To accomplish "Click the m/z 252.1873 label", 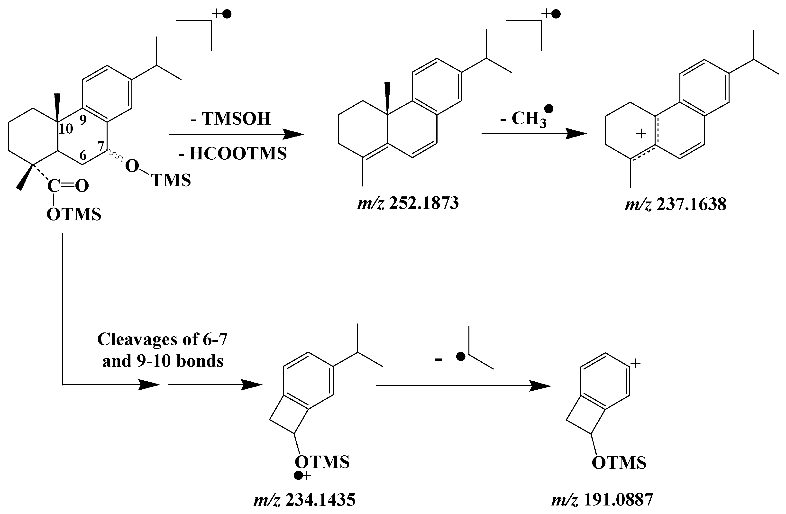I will pyautogui.click(x=408, y=203).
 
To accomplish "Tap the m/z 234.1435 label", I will pyautogui.click(x=304, y=500).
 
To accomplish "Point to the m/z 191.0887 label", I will pyautogui.click(x=602, y=500).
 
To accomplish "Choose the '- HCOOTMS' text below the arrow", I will pyautogui.click(x=232, y=154).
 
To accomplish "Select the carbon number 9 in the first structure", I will pyautogui.click(x=82, y=120).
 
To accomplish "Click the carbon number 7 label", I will pyautogui.click(x=101, y=146).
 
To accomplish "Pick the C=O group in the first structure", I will pyautogui.click(x=68, y=186).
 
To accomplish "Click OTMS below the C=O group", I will pyautogui.click(x=74, y=214).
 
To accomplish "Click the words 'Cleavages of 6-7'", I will pyautogui.click(x=163, y=339).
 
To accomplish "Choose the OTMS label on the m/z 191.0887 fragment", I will pyautogui.click(x=619, y=463).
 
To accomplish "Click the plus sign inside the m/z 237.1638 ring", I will pyautogui.click(x=641, y=134).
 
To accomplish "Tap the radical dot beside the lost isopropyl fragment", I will pyautogui.click(x=460, y=357).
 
